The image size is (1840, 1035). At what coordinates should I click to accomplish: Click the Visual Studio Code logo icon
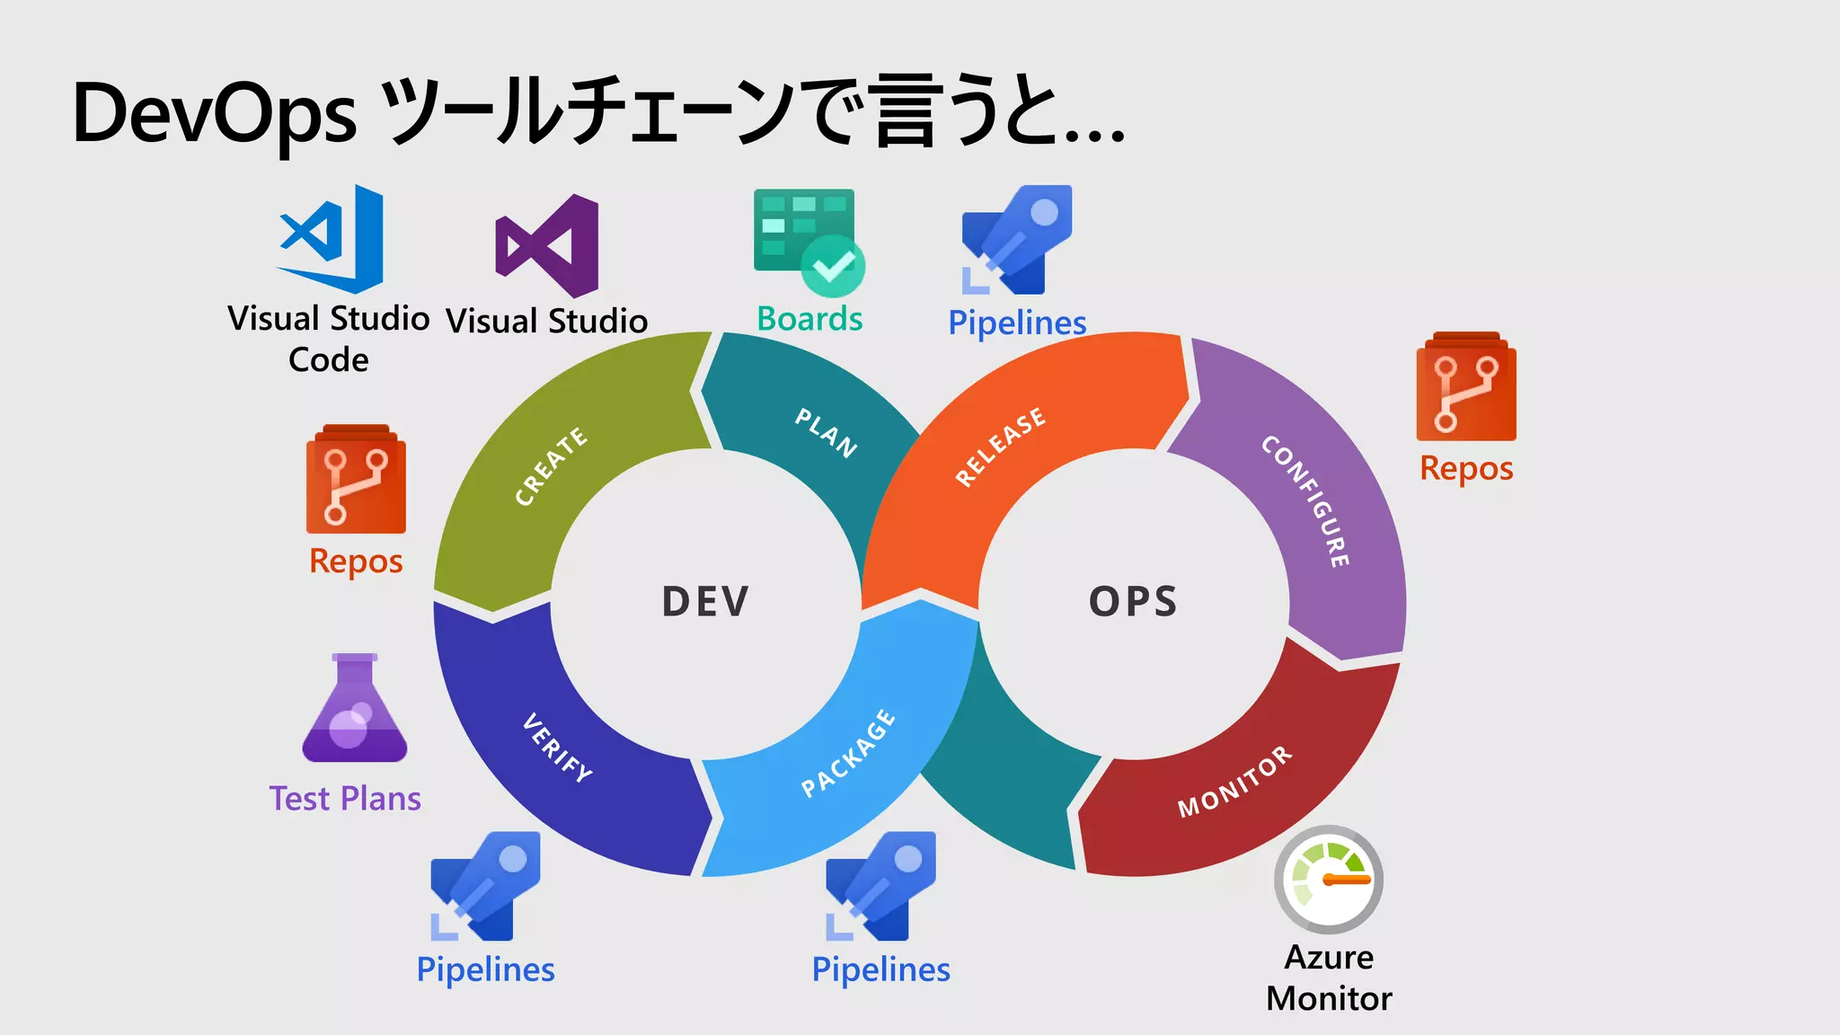pyautogui.click(x=331, y=239)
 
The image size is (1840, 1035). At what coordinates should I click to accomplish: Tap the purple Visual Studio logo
pyautogui.click(x=547, y=246)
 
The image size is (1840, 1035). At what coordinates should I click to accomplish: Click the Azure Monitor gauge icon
pyautogui.click(x=1329, y=880)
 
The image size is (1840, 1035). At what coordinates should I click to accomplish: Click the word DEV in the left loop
pyautogui.click(x=705, y=602)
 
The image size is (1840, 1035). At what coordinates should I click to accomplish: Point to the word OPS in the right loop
pyautogui.click(x=1133, y=602)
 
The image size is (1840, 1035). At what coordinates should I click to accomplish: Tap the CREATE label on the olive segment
pyautogui.click(x=551, y=466)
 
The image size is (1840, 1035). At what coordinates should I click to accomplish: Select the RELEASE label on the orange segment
pyautogui.click(x=1001, y=447)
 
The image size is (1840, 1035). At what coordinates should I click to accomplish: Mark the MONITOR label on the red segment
pyautogui.click(x=1235, y=782)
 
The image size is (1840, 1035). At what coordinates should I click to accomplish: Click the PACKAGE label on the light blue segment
pyautogui.click(x=848, y=753)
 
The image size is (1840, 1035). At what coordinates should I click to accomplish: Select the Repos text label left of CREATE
pyautogui.click(x=356, y=562)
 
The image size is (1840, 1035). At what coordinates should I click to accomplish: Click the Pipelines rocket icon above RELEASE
pyautogui.click(x=1017, y=240)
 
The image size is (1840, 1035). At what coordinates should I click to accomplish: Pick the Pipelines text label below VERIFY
pyautogui.click(x=485, y=969)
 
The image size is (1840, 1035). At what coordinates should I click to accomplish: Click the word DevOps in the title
pyautogui.click(x=215, y=114)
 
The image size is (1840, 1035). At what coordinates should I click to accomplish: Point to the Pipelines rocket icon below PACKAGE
pyautogui.click(x=880, y=886)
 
